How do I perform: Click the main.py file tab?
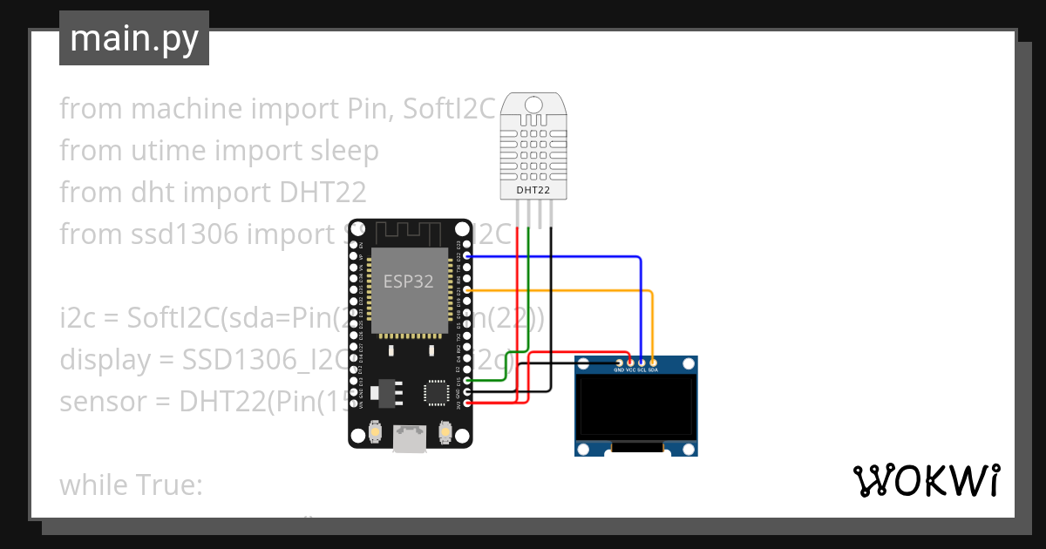(x=133, y=38)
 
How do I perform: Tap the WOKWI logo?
(x=925, y=480)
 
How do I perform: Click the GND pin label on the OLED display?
(x=619, y=370)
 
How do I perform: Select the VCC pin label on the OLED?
(x=630, y=370)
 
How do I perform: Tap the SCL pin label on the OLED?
(x=642, y=370)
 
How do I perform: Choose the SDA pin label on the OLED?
(x=653, y=370)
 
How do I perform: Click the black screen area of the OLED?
(x=636, y=405)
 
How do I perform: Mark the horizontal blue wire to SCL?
(x=558, y=257)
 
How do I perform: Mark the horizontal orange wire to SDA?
(x=558, y=288)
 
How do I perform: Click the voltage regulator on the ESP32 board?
(x=384, y=393)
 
